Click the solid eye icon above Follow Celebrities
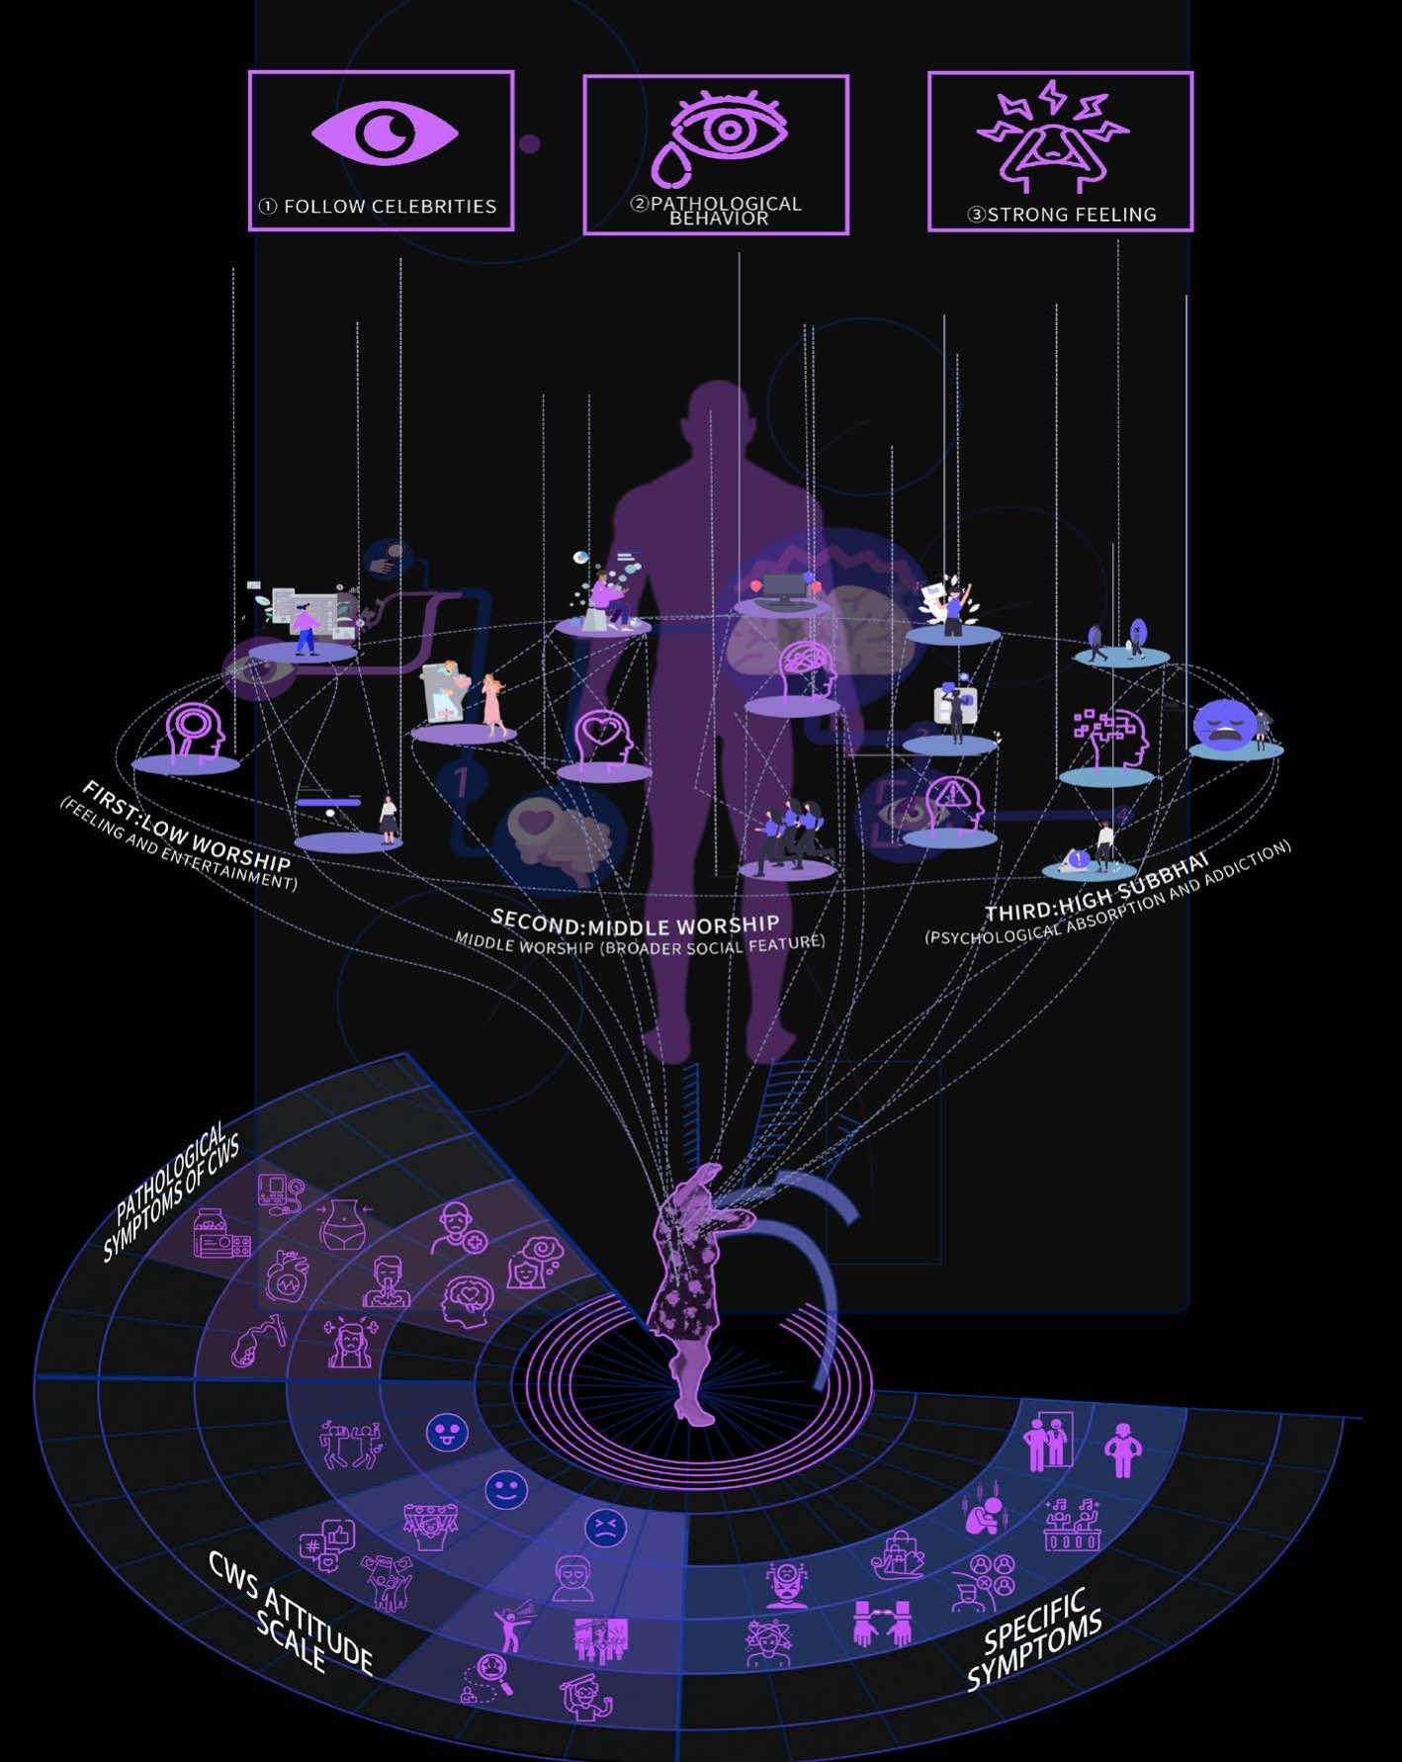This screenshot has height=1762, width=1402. [385, 132]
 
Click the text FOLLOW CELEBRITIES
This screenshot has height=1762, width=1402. [390, 207]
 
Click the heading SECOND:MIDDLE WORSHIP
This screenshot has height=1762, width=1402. [635, 925]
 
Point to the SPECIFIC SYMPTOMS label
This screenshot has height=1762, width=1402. [1034, 1635]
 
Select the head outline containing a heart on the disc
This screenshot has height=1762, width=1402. [602, 738]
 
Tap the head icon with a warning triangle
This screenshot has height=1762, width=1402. [951, 803]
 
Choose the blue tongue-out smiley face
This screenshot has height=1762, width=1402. [446, 1433]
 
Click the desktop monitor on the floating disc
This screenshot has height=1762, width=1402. [783, 588]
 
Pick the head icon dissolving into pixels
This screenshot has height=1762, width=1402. [1109, 738]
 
